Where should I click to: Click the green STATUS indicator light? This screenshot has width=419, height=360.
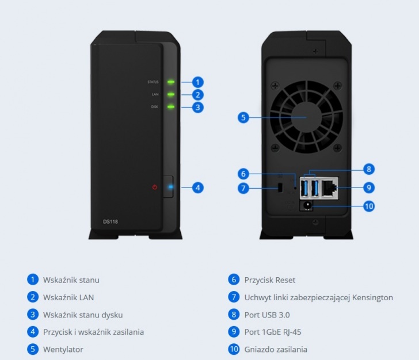[171, 82]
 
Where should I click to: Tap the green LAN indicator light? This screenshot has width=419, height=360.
[171, 94]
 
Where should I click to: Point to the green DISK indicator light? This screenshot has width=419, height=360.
[171, 106]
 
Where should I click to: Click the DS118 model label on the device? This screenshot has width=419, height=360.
[111, 221]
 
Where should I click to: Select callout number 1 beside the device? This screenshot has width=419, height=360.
[197, 82]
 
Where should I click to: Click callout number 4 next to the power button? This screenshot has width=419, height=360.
[197, 187]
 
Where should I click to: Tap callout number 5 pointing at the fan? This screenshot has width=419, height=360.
[243, 118]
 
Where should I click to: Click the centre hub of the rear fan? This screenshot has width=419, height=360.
[306, 117]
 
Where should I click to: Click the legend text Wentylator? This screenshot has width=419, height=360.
[63, 349]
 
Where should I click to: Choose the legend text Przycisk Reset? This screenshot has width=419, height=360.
[270, 280]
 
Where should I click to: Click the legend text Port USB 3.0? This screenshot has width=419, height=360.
[267, 315]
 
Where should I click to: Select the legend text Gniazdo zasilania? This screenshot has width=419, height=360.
[276, 349]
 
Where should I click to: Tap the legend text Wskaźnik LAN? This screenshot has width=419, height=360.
[68, 297]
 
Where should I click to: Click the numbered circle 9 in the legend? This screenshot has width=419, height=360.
[234, 332]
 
